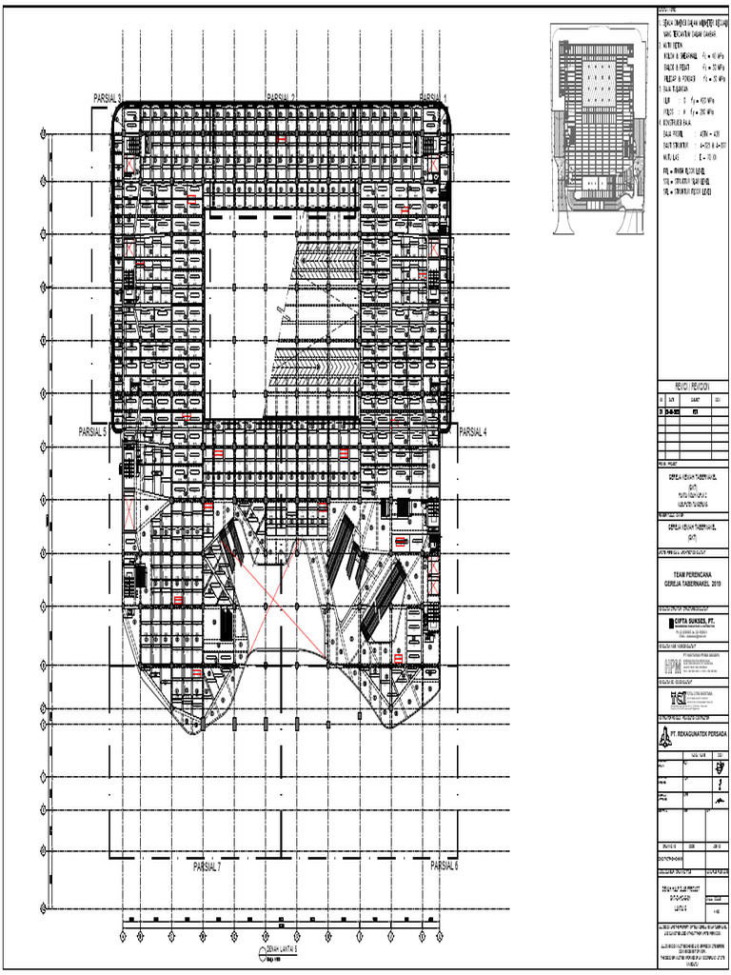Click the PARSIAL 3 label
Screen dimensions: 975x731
click(107, 98)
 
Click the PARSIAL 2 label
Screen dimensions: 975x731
click(281, 98)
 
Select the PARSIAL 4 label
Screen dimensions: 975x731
click(473, 431)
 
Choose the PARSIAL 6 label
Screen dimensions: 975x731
click(444, 866)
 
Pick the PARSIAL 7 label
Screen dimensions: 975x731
click(207, 867)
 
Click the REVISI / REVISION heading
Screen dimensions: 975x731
click(694, 388)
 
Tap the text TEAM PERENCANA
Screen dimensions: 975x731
click(693, 573)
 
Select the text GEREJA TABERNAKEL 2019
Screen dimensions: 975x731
click(693, 582)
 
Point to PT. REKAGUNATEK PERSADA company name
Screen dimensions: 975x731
click(699, 734)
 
